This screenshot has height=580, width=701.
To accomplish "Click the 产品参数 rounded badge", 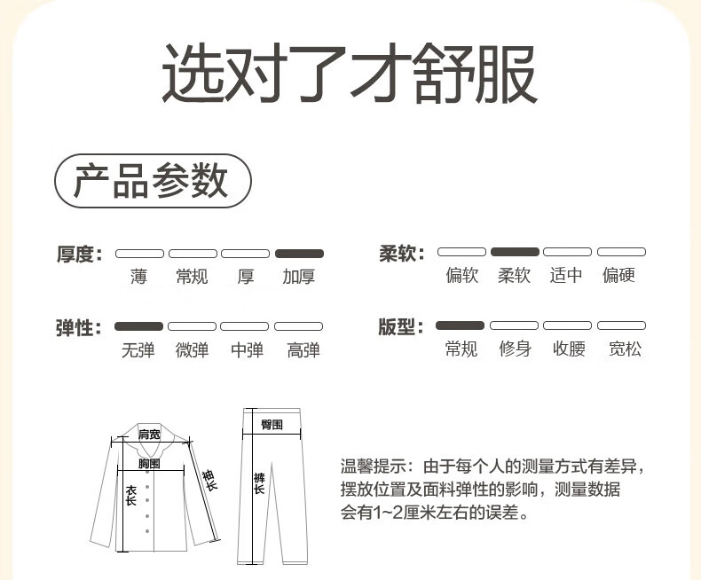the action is [x=153, y=181].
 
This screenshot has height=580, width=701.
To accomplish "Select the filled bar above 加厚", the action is [x=299, y=254].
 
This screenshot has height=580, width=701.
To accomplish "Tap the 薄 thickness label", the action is [x=138, y=277].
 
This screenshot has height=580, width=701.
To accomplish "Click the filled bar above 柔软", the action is [x=515, y=252].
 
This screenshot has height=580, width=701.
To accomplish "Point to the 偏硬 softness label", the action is [x=618, y=275].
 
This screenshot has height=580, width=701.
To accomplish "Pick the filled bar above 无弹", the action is [x=138, y=326].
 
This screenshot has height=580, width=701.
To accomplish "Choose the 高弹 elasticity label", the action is [x=303, y=350].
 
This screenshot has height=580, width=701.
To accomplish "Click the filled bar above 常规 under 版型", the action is [x=460, y=325].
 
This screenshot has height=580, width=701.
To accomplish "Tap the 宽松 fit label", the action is [x=625, y=349].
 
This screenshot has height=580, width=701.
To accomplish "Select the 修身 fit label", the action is [x=515, y=349].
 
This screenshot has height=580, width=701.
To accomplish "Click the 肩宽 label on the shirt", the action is [x=149, y=434].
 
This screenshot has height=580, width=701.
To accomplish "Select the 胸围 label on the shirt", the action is [x=149, y=463].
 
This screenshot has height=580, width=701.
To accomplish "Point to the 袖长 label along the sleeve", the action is [x=209, y=481].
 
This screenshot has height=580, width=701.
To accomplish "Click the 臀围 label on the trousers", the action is [x=272, y=425].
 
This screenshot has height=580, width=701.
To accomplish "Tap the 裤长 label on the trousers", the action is [x=259, y=483].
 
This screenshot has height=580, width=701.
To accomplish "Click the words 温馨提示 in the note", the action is [x=374, y=466].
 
